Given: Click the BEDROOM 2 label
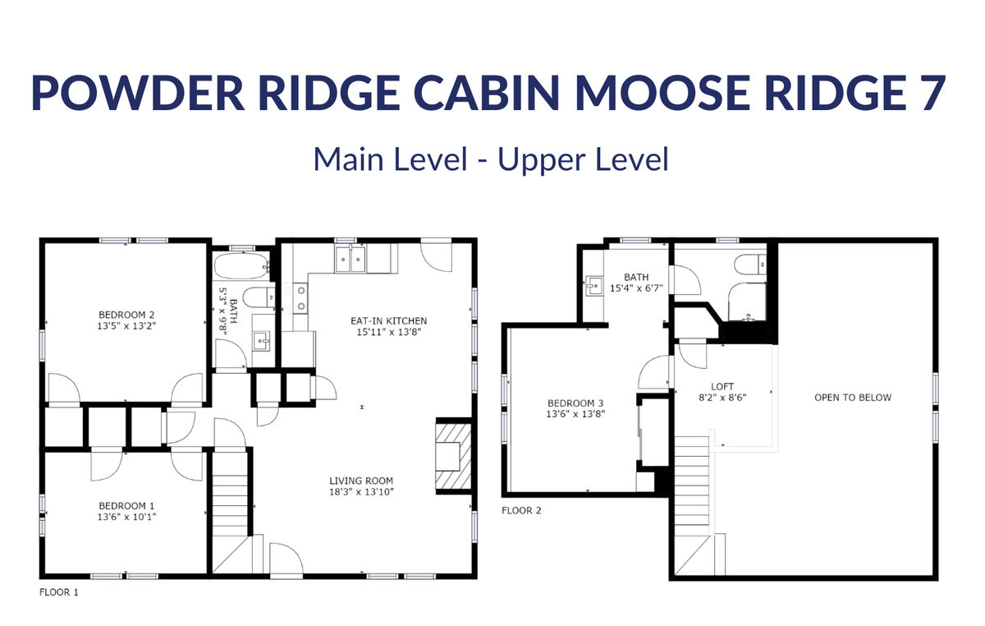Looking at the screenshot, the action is click(x=126, y=315).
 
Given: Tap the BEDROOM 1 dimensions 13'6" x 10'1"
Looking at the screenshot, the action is click(x=126, y=517).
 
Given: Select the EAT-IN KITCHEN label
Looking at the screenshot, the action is click(x=389, y=321).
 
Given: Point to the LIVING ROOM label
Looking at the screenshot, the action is click(x=361, y=481).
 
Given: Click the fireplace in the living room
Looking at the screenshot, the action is click(x=453, y=456).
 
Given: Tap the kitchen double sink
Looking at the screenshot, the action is click(x=350, y=260).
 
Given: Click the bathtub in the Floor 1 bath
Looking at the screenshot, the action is click(x=241, y=266).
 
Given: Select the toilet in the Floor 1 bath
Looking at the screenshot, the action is click(x=259, y=298).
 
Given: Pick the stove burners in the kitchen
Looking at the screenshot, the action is click(x=295, y=298).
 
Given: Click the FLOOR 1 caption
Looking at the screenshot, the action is click(x=59, y=592).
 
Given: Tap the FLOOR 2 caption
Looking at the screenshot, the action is click(x=521, y=511).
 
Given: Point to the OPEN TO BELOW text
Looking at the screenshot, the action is click(x=853, y=398).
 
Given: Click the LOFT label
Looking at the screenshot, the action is click(x=722, y=386).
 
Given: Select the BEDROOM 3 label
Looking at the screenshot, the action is click(x=575, y=403).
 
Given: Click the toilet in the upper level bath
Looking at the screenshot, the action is click(x=750, y=265).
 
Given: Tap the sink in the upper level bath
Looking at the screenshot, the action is click(x=594, y=285).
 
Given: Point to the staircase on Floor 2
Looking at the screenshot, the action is click(x=692, y=505).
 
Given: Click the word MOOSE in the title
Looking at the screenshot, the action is click(x=662, y=94).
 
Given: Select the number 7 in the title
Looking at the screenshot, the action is click(x=932, y=94).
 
